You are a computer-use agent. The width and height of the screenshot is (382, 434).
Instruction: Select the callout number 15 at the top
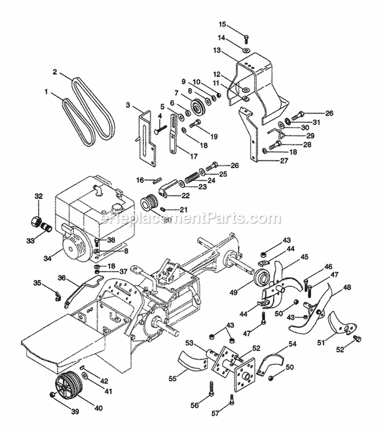tap(222, 24)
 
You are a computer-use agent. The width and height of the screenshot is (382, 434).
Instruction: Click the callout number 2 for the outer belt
tap(54, 72)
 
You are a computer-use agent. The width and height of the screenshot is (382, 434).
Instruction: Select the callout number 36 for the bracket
tap(62, 277)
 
